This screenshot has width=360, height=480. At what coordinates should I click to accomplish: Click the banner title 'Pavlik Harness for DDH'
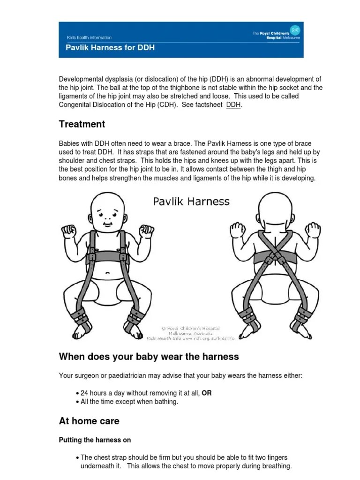coord(109,48)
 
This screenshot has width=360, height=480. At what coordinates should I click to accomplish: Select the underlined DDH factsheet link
coord(233,105)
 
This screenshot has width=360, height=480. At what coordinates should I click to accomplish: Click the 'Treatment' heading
coord(82,124)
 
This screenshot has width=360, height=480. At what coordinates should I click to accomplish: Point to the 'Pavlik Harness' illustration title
coord(191,202)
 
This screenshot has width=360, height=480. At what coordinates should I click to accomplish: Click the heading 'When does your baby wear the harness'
coord(149,357)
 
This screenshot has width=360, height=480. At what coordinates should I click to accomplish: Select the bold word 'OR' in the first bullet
coord(207,393)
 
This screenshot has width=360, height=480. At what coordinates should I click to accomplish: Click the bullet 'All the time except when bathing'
coord(129,402)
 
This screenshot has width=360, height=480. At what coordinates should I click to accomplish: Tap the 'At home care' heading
coord(89,421)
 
